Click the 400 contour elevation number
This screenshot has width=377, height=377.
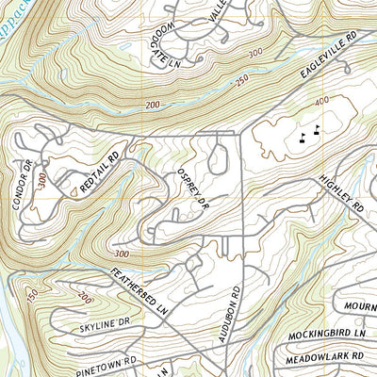pos(323,100)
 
